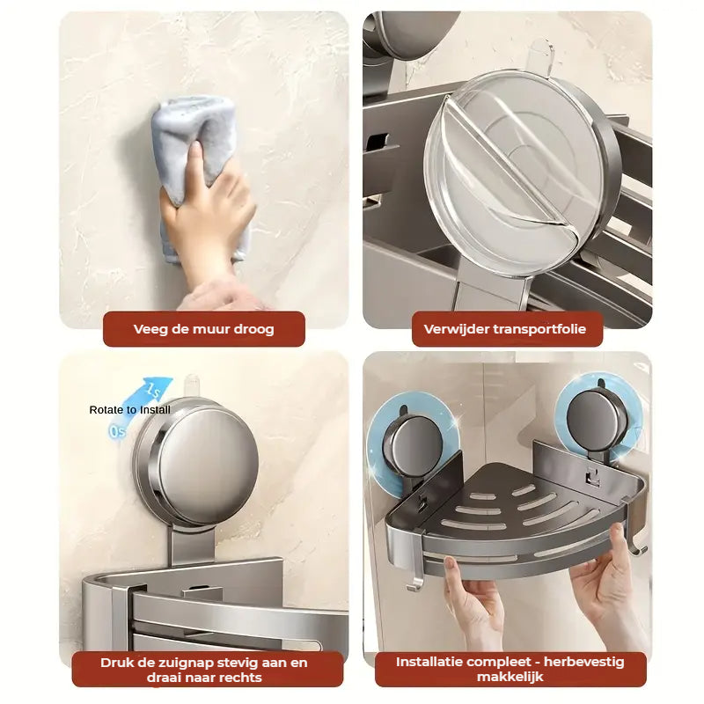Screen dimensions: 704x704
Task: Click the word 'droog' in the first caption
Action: [252, 329]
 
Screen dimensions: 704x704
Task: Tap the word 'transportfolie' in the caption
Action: [539, 329]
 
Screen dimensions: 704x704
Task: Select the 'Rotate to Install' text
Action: [129, 410]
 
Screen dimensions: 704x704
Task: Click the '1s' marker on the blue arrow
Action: [153, 390]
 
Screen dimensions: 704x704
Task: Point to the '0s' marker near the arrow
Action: [117, 431]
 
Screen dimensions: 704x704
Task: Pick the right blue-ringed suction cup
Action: [598, 420]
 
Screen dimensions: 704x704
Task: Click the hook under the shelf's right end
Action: [636, 546]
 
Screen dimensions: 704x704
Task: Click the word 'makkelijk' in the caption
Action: [510, 677]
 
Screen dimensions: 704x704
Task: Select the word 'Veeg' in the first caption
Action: [150, 329]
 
